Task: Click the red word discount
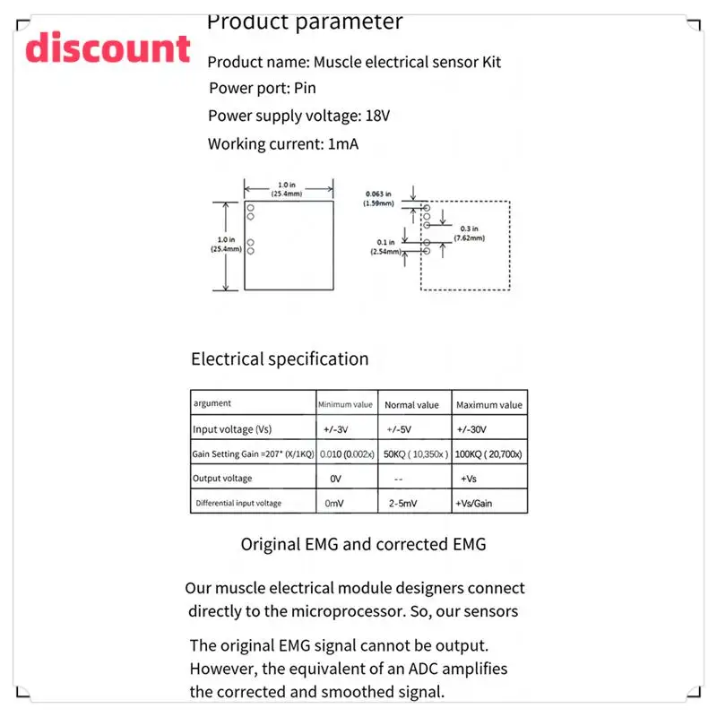point(108,48)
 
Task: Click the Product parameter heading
point(305,22)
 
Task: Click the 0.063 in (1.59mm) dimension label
point(379,198)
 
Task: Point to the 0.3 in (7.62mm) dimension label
point(470,233)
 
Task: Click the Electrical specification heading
point(280,359)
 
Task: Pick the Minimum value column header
point(345,405)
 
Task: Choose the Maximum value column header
point(489,405)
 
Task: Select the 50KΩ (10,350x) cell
point(416,454)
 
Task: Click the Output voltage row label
point(222,479)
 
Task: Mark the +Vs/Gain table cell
point(475,504)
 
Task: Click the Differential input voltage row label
point(238,504)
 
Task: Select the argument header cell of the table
point(212,404)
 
